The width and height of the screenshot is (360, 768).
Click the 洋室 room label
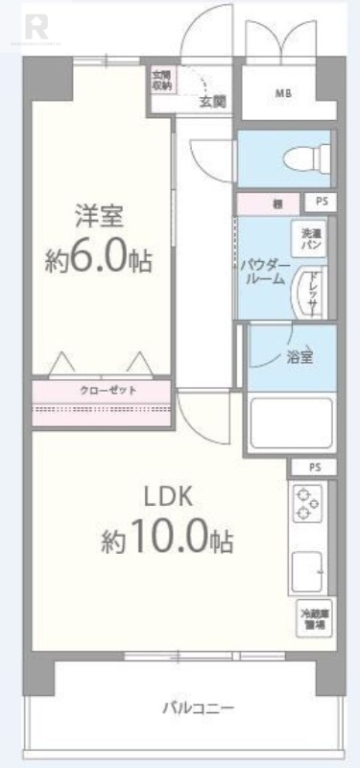point(101,217)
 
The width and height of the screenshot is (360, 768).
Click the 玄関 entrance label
point(212,100)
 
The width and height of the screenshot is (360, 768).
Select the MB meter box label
point(283,94)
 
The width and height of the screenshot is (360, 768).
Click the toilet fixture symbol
point(307,155)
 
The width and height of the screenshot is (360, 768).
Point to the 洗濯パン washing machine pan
point(311,240)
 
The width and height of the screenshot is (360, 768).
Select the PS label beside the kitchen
point(316,468)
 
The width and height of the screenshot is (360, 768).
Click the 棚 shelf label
point(276,204)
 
